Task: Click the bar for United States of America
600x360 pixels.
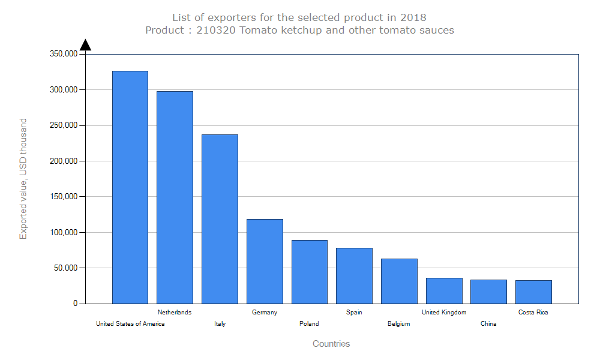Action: [130, 187]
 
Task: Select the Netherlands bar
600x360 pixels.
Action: [175, 197]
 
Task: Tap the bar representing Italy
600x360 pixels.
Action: [220, 219]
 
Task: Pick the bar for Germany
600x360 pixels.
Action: [265, 261]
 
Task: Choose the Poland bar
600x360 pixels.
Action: [310, 272]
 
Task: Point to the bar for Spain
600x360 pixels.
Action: [354, 275]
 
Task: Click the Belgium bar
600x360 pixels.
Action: [399, 281]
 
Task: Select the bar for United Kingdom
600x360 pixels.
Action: [444, 290]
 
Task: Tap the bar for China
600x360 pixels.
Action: [488, 292]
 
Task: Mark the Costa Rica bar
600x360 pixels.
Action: [533, 292]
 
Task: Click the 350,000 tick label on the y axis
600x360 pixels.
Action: [62, 54]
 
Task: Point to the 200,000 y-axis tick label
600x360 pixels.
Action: [62, 161]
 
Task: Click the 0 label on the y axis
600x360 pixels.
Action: [76, 304]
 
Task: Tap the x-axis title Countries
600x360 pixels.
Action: [331, 344]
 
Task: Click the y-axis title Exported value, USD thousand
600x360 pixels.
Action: [23, 179]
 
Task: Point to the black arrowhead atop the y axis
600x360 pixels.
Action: [85, 45]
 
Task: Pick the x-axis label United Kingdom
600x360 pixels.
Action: [444, 312]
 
